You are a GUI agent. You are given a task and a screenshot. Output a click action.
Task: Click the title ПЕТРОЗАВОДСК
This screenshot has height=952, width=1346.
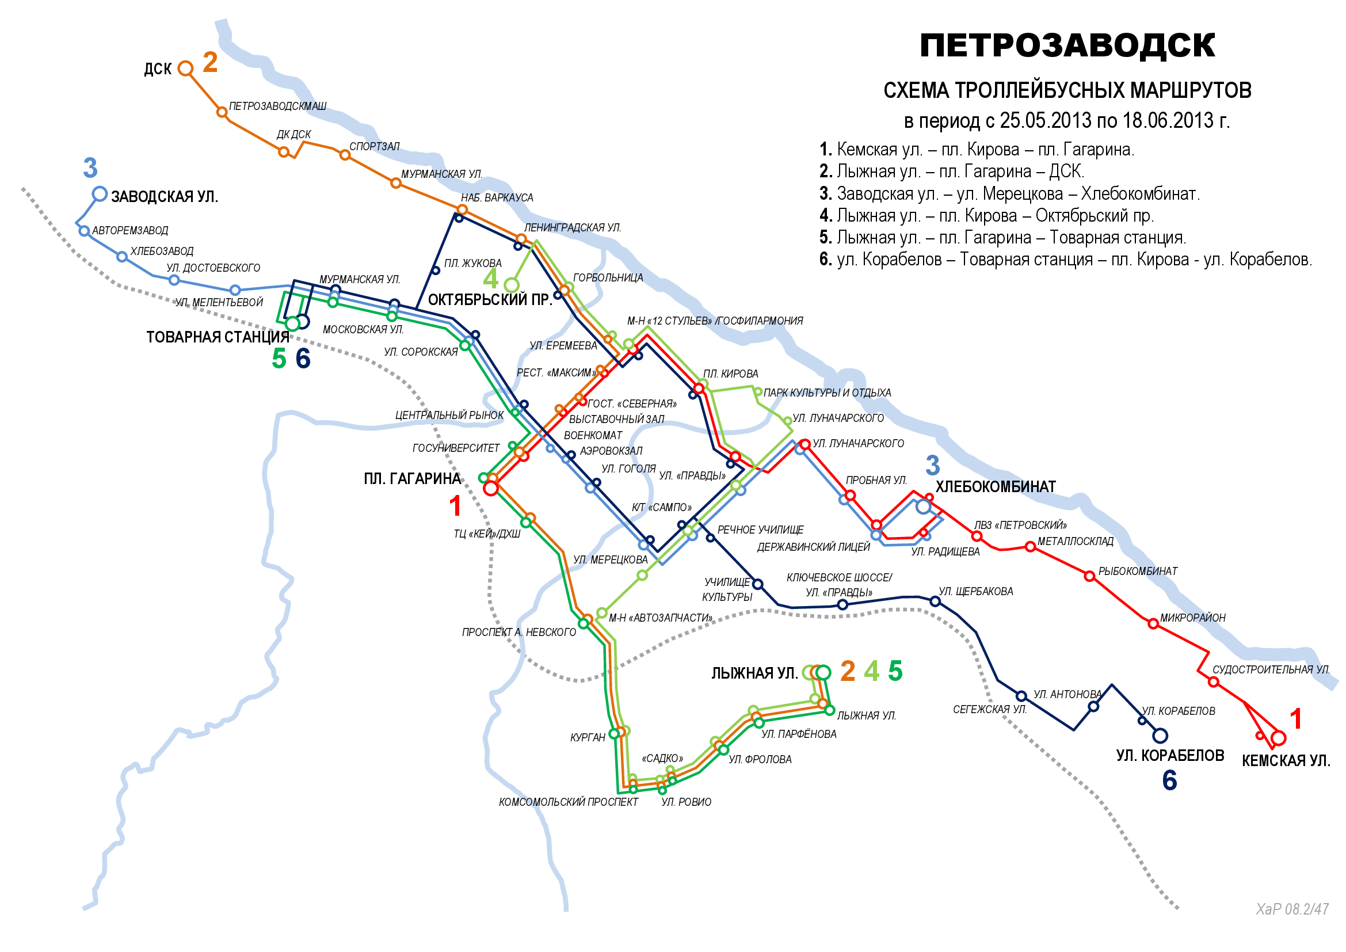pos(1067,45)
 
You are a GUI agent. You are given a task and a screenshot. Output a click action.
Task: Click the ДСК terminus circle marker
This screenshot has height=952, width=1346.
pos(185,68)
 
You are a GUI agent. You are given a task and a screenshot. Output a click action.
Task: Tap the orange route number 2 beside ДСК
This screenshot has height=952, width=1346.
pos(211,62)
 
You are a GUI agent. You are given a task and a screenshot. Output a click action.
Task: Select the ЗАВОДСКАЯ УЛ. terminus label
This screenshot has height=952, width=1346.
pos(165,196)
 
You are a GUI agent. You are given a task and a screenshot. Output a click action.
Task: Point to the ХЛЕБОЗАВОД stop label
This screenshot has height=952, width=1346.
pos(162,251)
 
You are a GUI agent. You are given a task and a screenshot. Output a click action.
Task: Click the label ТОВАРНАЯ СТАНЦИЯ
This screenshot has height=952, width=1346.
pos(218,337)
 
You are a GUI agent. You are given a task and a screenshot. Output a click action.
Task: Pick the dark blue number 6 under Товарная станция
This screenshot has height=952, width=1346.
pos(303,359)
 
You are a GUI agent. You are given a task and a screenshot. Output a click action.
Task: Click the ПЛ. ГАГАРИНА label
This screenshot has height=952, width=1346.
pos(412,479)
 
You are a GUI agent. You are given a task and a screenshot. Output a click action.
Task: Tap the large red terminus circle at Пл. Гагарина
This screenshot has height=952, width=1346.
pos(491,488)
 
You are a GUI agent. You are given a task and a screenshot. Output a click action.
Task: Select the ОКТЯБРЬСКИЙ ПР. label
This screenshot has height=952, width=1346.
pos(490,300)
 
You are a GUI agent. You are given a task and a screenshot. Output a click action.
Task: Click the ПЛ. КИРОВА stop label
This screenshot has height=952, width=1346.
pos(730,374)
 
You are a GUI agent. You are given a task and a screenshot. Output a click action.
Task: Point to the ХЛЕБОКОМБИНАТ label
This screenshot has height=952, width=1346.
pos(996,487)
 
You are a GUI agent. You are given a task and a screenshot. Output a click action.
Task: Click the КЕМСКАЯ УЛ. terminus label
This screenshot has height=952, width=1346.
pos(1286,761)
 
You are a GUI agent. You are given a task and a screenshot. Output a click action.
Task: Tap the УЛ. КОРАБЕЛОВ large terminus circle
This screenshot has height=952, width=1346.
pos(1160,735)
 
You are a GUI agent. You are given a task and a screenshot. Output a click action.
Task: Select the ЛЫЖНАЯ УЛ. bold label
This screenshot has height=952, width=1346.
pos(754,673)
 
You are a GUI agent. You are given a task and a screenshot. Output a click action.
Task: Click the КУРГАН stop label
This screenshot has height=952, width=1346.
pos(588,737)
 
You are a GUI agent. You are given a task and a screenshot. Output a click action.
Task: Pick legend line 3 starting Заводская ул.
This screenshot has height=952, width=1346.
pos(1009,193)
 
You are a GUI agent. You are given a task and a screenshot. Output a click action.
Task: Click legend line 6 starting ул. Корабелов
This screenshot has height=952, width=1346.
pos(1065,259)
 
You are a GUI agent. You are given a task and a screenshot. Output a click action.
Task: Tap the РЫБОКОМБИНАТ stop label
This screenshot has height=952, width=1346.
pos(1137,572)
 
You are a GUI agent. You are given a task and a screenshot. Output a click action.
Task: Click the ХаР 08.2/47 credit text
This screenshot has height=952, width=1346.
pos(1291,909)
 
